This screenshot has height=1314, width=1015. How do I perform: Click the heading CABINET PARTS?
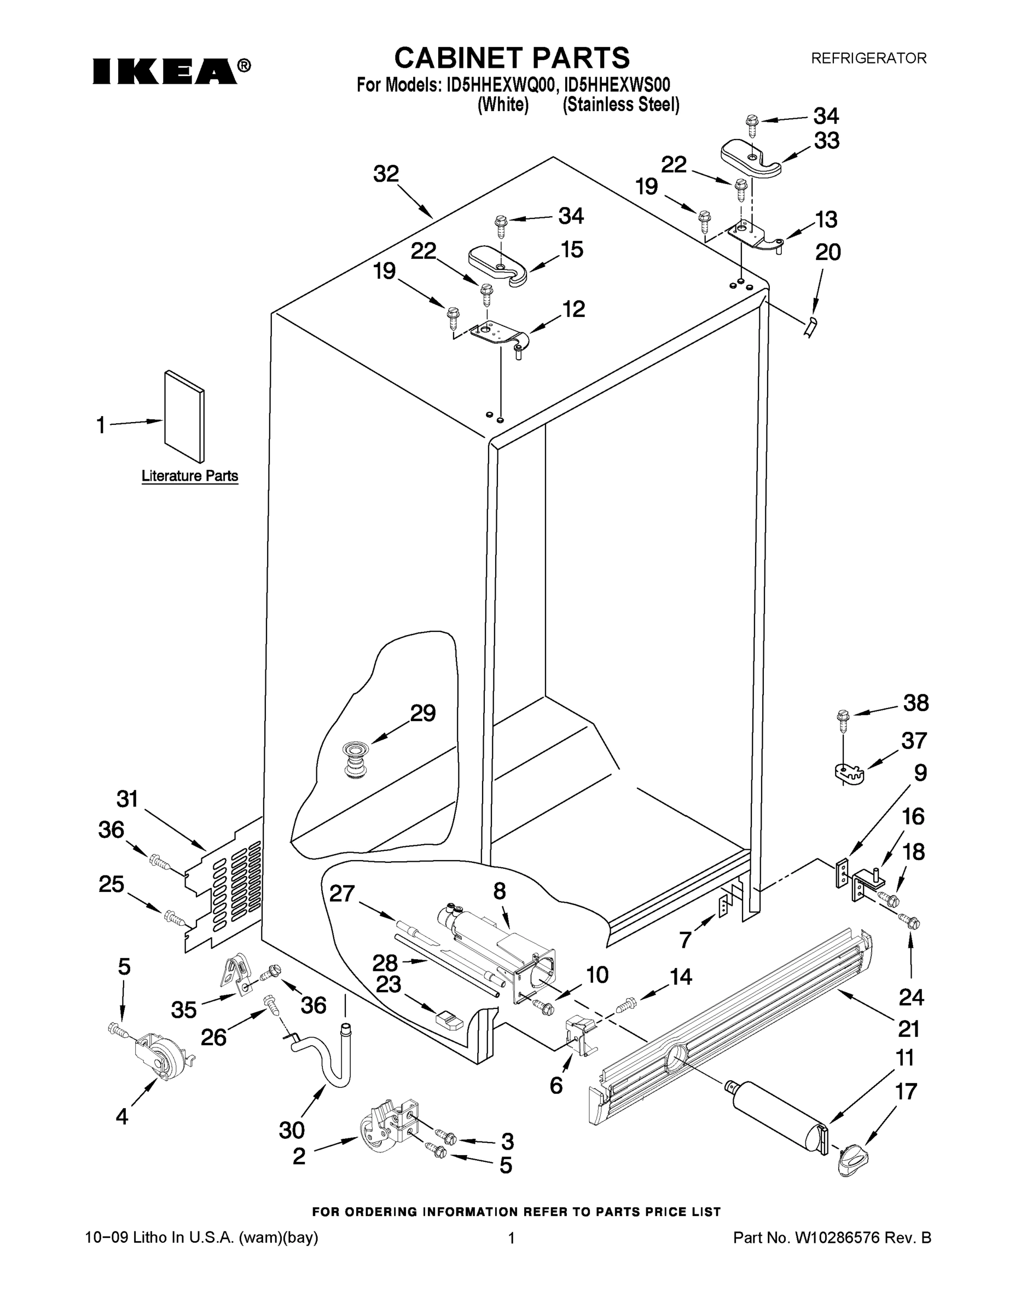coord(512,59)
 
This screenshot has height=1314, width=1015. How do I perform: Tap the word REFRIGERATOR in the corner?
coord(869,59)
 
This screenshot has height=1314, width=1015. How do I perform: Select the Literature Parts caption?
coord(190,476)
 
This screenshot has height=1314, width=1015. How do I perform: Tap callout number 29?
coord(423,713)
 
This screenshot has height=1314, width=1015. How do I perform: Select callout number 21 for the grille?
coord(908,1029)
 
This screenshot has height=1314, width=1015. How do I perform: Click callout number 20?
coord(827,252)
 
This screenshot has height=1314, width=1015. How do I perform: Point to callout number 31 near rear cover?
coord(127,799)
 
